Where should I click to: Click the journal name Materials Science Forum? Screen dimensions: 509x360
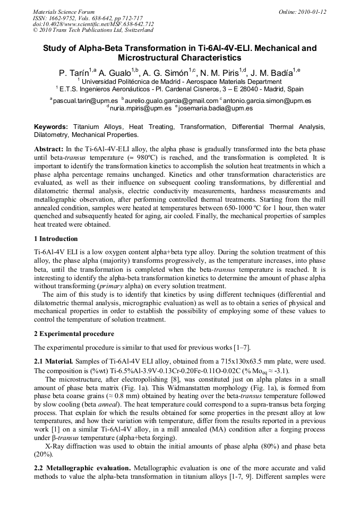pyautogui.click(x=64, y=12)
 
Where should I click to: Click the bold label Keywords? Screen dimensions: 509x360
pyautogui.click(x=51, y=127)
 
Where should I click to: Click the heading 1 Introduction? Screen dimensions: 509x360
pyautogui.click(x=56, y=239)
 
